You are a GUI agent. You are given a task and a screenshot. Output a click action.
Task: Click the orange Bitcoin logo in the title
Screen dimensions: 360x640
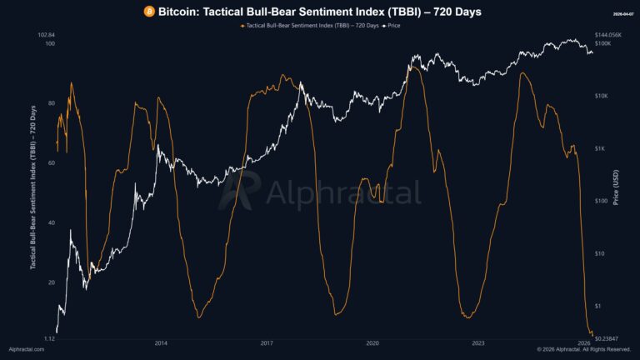[x=149, y=12]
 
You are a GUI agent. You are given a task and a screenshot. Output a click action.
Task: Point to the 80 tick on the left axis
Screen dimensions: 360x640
[x=52, y=103]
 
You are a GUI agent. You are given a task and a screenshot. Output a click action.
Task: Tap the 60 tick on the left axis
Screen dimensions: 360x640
[x=52, y=163]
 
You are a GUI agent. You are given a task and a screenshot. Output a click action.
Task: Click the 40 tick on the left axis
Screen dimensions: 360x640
[x=52, y=223]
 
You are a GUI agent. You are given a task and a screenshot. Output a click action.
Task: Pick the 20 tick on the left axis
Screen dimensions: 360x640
[x=52, y=283]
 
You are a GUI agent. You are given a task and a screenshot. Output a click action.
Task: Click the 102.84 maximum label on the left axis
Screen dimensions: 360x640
[x=47, y=35]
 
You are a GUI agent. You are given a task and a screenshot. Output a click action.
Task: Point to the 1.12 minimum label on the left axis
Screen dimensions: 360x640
[x=48, y=339]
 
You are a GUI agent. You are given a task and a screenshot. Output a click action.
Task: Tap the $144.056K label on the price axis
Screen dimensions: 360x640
[x=609, y=35]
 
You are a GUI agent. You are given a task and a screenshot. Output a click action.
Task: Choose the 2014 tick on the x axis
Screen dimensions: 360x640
[x=161, y=342]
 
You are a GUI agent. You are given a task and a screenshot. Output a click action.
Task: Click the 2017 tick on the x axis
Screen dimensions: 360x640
[x=267, y=342]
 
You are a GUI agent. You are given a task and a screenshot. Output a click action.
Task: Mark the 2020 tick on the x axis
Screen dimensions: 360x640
[x=372, y=342]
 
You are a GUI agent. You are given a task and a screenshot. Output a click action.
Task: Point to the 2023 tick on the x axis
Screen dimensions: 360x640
[x=478, y=342]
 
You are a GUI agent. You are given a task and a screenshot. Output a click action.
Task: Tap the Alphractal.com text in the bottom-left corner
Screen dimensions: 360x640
[x=26, y=350]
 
